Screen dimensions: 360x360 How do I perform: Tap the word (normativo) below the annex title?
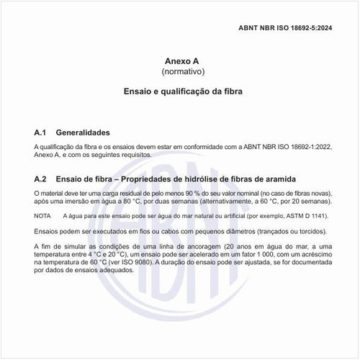[x=180, y=73]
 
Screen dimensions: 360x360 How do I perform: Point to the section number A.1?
[x=40, y=133]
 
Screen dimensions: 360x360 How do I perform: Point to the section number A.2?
[x=40, y=179]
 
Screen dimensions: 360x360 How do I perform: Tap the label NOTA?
[x=43, y=215]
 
